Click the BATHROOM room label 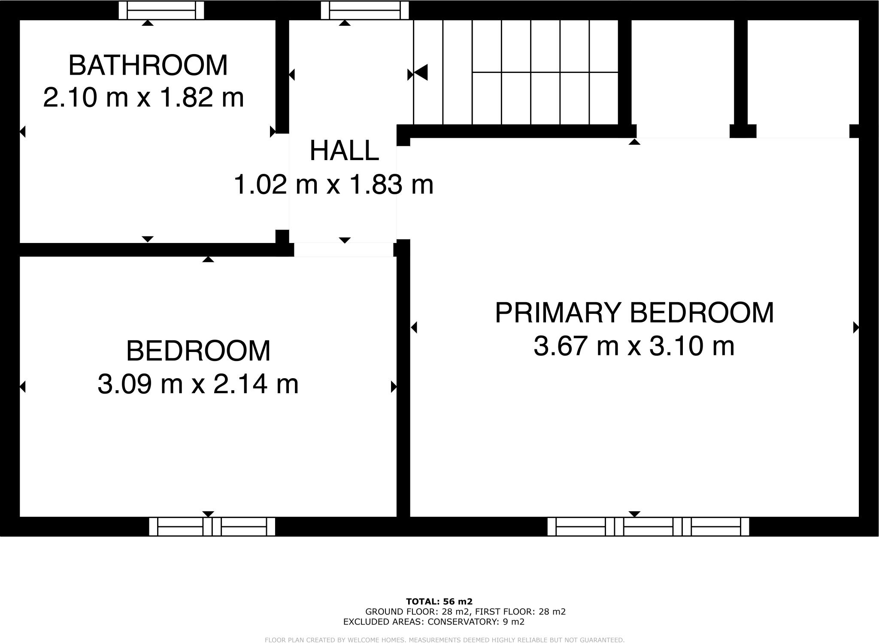click(148, 66)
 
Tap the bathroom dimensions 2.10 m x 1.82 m click(143, 97)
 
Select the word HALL click(344, 151)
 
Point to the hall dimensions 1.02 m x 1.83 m click(333, 185)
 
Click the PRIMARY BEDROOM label click(634, 313)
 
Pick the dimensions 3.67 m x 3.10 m click(634, 346)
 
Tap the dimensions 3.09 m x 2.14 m click(198, 384)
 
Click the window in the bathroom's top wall click(161, 10)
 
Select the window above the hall click(365, 10)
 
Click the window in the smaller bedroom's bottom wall click(212, 527)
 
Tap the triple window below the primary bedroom click(648, 527)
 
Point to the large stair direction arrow click(421, 72)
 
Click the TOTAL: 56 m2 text click(439, 602)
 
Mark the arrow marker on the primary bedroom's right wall click(855, 328)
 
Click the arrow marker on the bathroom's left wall click(23, 132)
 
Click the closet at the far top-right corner click(803, 73)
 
